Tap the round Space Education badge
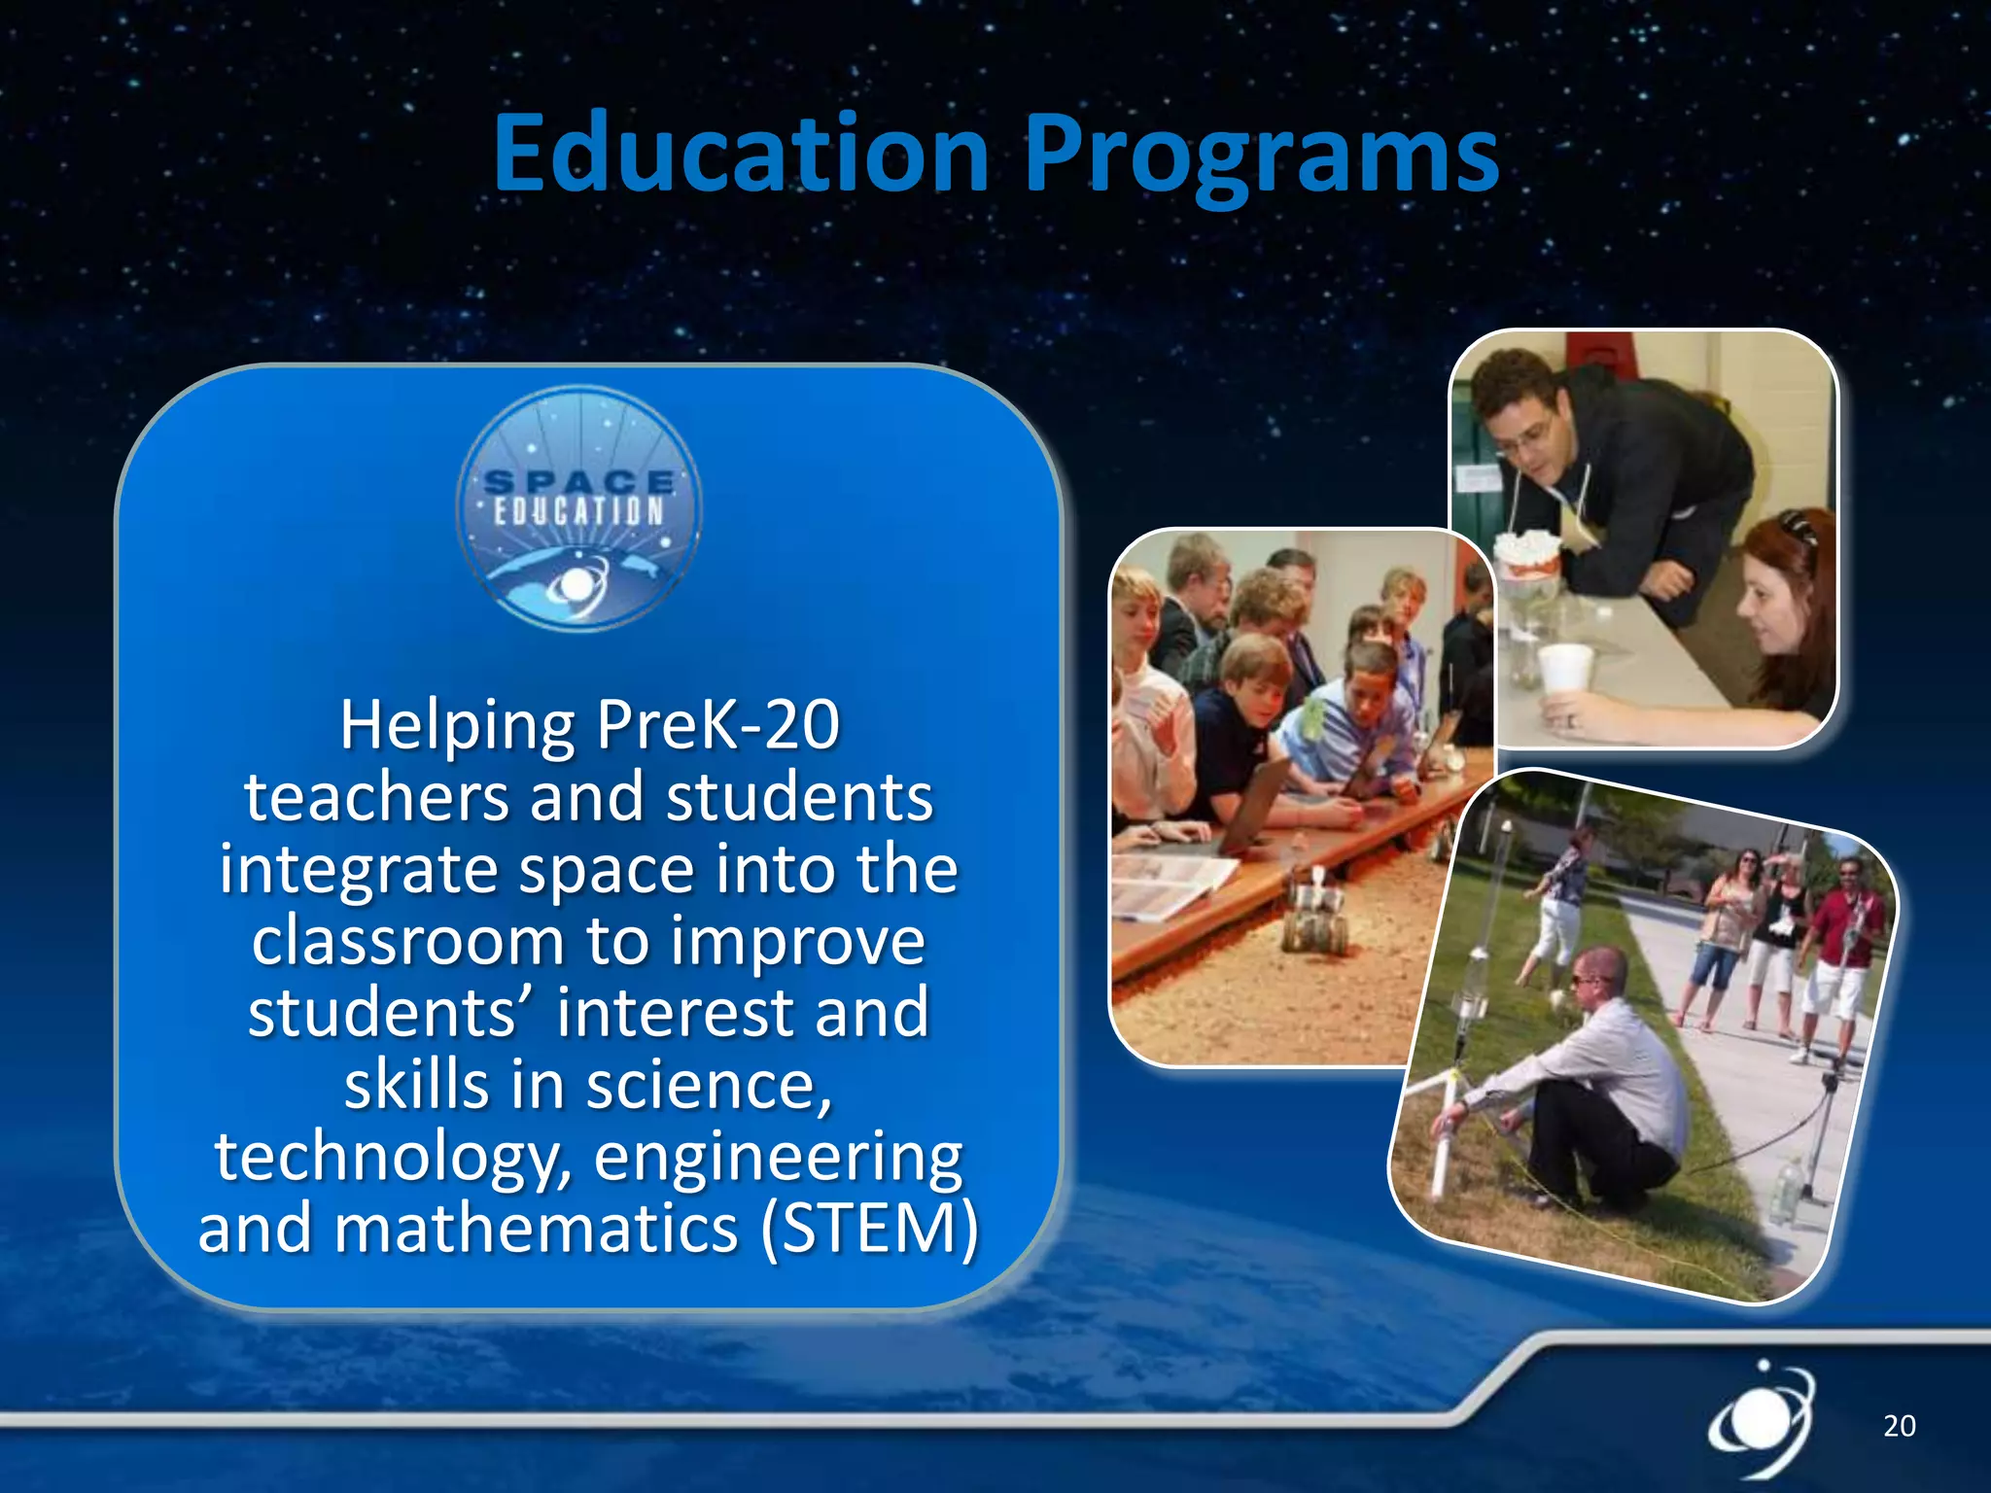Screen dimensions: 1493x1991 coord(579,508)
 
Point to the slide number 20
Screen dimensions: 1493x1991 coord(1899,1426)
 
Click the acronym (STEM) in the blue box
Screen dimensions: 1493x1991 coord(869,1229)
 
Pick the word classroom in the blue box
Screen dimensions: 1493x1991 coord(408,941)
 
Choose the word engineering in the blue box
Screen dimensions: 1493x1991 coord(778,1157)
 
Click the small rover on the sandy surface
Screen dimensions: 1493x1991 coord(1314,915)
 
